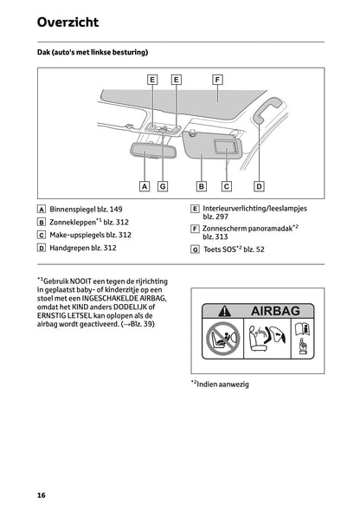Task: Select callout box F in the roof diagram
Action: point(217,79)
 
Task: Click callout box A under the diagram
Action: point(144,185)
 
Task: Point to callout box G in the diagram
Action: point(162,185)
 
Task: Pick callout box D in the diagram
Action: point(259,185)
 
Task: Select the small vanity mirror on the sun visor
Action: point(227,149)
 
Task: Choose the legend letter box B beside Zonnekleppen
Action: point(42,222)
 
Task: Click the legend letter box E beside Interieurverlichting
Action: point(195,209)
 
